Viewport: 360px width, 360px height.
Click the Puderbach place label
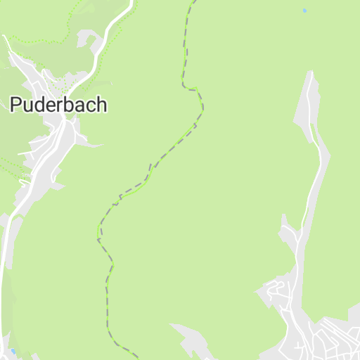tap(58, 105)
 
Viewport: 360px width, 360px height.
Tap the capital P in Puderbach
tap(15, 105)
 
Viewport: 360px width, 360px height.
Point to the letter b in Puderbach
tap(70, 105)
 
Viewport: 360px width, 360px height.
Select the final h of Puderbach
tap(102, 105)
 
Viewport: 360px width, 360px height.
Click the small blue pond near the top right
tap(304, 11)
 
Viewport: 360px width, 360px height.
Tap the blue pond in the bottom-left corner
tap(13, 350)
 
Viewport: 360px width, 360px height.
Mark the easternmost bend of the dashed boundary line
tap(202, 107)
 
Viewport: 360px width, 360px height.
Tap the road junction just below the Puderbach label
tap(64, 122)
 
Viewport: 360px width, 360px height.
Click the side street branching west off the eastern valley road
tap(288, 232)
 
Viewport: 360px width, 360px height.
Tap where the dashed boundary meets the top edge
tap(190, 2)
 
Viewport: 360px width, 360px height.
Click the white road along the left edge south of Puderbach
tap(6, 281)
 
